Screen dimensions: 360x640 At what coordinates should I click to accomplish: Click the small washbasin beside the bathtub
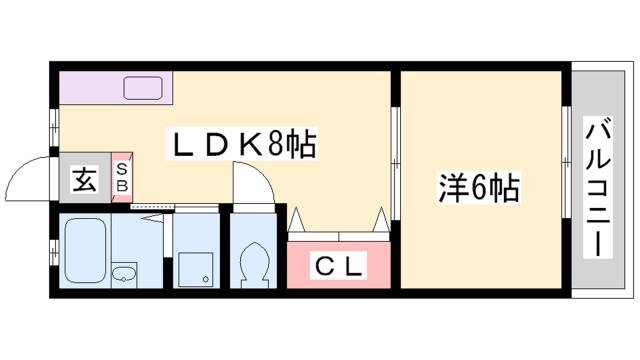tap(124, 274)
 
